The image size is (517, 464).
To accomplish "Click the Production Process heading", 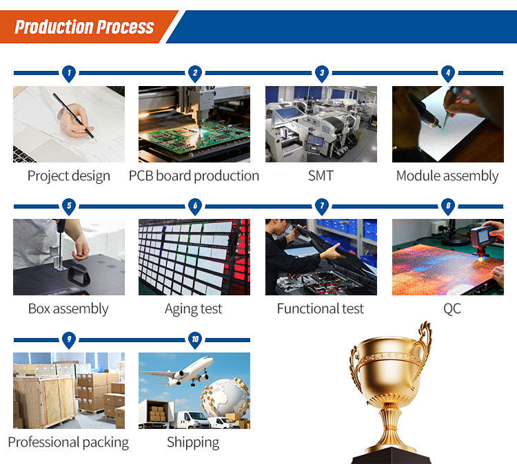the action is point(84,27).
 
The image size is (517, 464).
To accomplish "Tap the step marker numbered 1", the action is point(69,74).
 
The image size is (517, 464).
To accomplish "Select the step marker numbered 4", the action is point(448,74).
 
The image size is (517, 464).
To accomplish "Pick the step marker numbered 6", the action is point(195,207).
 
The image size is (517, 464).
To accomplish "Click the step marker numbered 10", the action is point(195,340).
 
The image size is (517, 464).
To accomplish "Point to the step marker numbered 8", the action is point(448,207).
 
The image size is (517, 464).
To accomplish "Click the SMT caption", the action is point(321,176).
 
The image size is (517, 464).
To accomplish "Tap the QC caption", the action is point(452,309).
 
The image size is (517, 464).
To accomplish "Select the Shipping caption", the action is point(193,442).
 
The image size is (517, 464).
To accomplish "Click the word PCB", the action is point(141,176).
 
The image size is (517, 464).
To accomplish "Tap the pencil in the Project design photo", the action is point(74,116).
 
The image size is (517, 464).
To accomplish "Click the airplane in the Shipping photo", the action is point(177,372).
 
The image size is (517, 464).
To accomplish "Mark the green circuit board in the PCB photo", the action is point(194,136).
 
